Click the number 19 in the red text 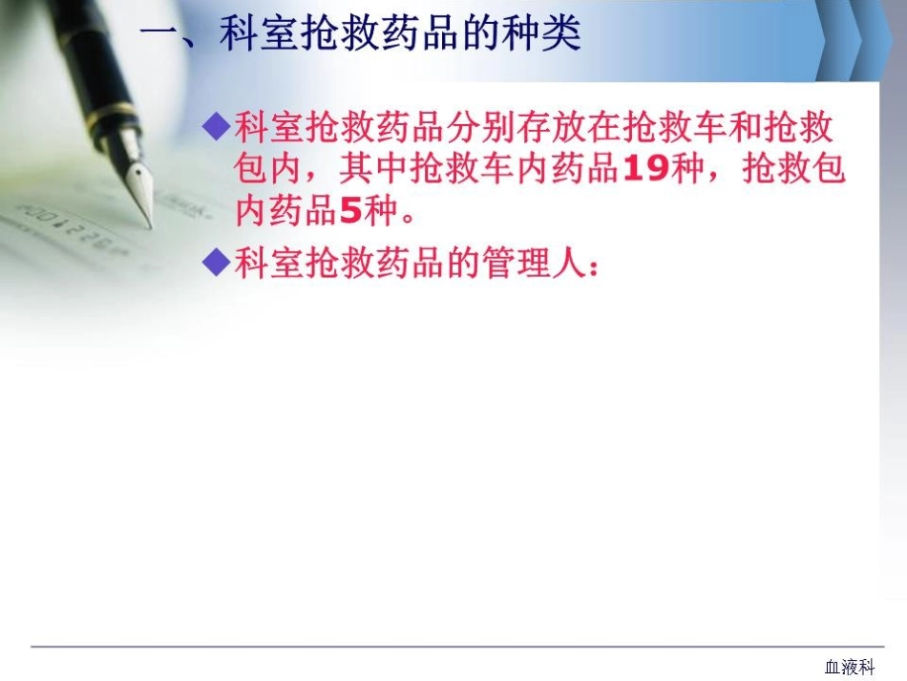click(644, 169)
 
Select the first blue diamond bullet click(219, 124)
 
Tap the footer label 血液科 click(849, 667)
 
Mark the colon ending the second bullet click(596, 267)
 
